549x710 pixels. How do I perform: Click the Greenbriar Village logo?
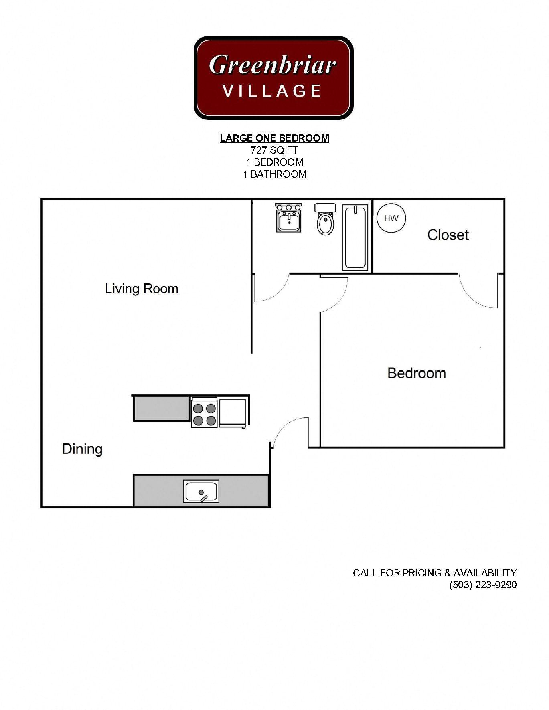[x=273, y=78]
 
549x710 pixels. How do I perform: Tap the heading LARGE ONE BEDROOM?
[x=274, y=138]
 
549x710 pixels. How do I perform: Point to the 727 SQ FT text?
[x=274, y=150]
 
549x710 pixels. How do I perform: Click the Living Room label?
[x=142, y=289]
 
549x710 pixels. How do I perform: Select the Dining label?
[x=82, y=449]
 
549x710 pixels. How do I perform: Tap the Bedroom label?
[x=416, y=373]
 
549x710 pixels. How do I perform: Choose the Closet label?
[x=448, y=235]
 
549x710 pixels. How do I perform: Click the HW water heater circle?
[x=391, y=218]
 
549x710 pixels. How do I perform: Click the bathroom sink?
[x=288, y=218]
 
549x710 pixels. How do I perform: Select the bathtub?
[x=355, y=237]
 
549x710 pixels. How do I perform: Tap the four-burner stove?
[x=205, y=413]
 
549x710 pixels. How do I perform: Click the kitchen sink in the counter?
[x=201, y=492]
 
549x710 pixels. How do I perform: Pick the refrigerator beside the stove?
[x=233, y=412]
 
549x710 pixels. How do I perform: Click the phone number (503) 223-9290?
[x=483, y=585]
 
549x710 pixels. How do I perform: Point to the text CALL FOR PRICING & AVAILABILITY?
[x=434, y=573]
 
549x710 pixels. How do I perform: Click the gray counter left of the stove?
[x=162, y=408]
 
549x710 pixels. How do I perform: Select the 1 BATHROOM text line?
[x=274, y=174]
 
